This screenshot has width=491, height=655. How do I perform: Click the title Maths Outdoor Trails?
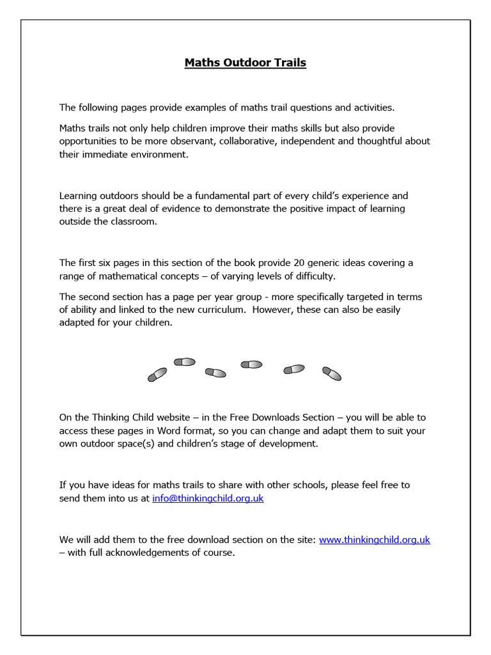tap(245, 63)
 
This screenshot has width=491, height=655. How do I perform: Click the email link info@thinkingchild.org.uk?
tap(208, 498)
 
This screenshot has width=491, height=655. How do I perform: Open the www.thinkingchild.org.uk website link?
tap(374, 539)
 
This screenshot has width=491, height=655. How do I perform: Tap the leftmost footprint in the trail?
tap(157, 374)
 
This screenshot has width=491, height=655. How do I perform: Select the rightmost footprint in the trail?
tap(331, 373)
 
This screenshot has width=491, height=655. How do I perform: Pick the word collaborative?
tap(248, 141)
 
